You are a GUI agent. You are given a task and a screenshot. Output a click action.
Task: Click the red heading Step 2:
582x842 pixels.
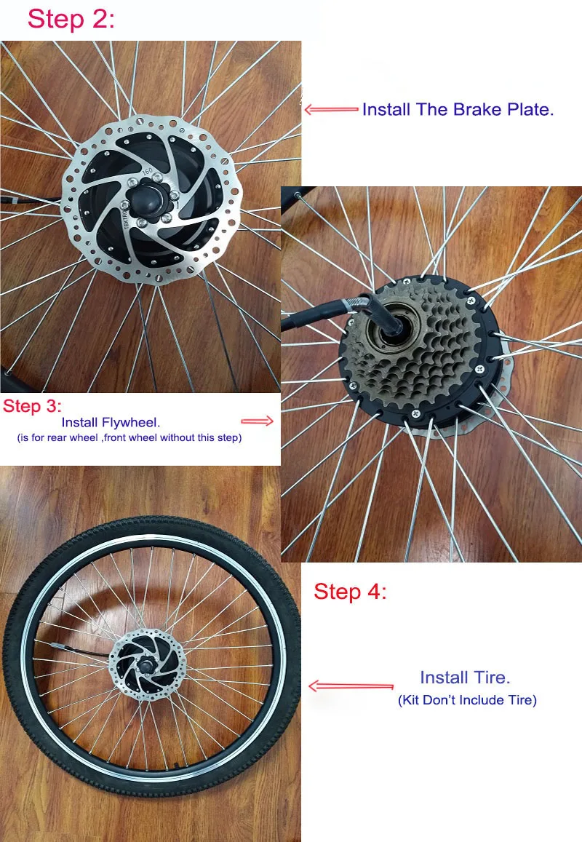71,18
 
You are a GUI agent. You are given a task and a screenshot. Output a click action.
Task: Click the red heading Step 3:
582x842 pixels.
33,405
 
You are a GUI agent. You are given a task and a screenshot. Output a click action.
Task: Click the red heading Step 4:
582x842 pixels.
350,591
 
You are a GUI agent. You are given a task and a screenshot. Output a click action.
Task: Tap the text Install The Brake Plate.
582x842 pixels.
458,110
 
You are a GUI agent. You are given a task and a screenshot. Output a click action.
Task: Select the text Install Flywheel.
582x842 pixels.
111,422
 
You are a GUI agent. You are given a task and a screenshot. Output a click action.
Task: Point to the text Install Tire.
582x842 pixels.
465,678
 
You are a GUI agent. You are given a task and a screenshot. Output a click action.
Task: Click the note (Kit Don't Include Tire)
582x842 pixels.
466,700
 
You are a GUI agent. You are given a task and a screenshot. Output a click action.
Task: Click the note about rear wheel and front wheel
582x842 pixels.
129,438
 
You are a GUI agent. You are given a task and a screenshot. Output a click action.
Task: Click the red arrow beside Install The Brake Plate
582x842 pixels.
331,110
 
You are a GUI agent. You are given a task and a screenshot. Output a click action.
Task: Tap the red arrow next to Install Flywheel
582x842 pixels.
256,421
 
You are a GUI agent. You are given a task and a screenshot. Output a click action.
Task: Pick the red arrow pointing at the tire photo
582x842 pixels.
351,686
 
